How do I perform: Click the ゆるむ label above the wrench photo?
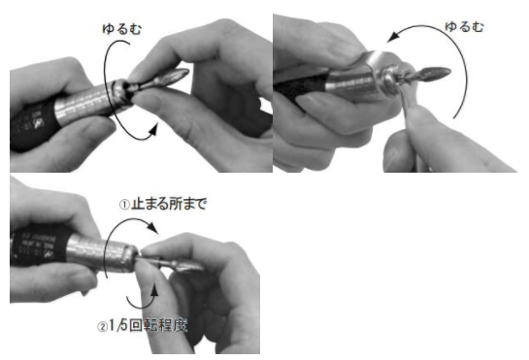pos(464,26)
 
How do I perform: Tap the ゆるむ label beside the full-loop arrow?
pos(121,29)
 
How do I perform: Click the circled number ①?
pos(124,205)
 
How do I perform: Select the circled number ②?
pos(103,327)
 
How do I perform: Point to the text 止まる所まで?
pos(169,204)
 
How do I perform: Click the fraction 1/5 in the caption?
pos(118,326)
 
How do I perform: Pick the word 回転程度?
pos(158,326)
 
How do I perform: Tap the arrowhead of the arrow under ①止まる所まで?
pos(152,227)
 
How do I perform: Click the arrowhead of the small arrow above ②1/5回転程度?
pos(154,290)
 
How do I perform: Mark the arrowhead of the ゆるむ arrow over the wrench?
pos(392,37)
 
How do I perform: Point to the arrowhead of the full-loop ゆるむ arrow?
pos(153,129)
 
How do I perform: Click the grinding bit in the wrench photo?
pos(433,74)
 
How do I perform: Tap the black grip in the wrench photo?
pos(300,84)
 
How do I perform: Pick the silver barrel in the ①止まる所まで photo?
pos(101,253)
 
